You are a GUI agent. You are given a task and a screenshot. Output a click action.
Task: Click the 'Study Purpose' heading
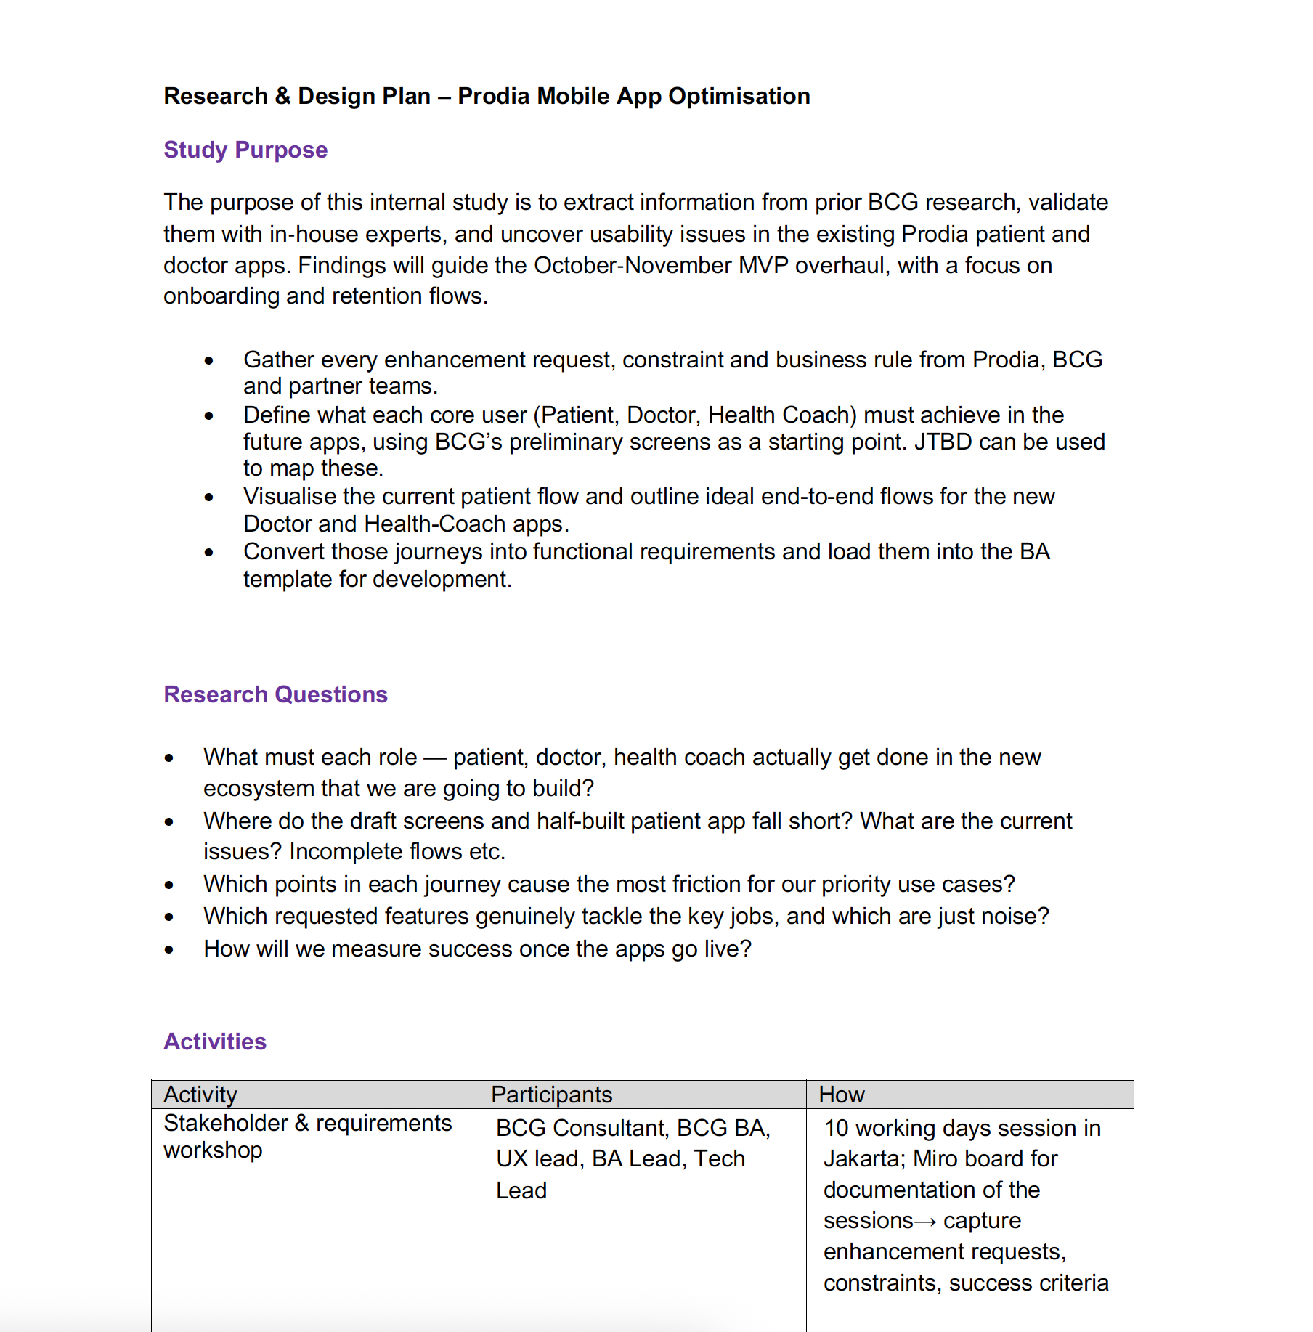pyautogui.click(x=245, y=150)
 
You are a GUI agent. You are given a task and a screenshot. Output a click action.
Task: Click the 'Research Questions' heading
pyautogui.click(x=275, y=694)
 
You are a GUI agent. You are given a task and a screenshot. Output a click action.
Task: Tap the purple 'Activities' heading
pyautogui.click(x=215, y=1041)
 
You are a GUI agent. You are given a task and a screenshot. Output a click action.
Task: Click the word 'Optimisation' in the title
pyautogui.click(x=739, y=96)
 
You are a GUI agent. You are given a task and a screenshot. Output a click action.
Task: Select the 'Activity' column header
pyautogui.click(x=200, y=1095)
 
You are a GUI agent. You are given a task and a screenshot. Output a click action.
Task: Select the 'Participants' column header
pyautogui.click(x=551, y=1095)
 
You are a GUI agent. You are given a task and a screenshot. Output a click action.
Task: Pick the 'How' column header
pyautogui.click(x=841, y=1095)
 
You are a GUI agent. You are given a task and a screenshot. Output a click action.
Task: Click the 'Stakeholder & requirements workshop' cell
pyautogui.click(x=307, y=1137)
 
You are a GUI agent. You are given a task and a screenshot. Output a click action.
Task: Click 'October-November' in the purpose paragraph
pyautogui.click(x=632, y=265)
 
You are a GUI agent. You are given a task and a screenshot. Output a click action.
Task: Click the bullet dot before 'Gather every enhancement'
pyautogui.click(x=209, y=361)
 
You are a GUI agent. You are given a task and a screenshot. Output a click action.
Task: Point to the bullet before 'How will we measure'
pyautogui.click(x=169, y=950)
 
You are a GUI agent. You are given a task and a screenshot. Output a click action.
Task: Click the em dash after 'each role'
pyautogui.click(x=434, y=758)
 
